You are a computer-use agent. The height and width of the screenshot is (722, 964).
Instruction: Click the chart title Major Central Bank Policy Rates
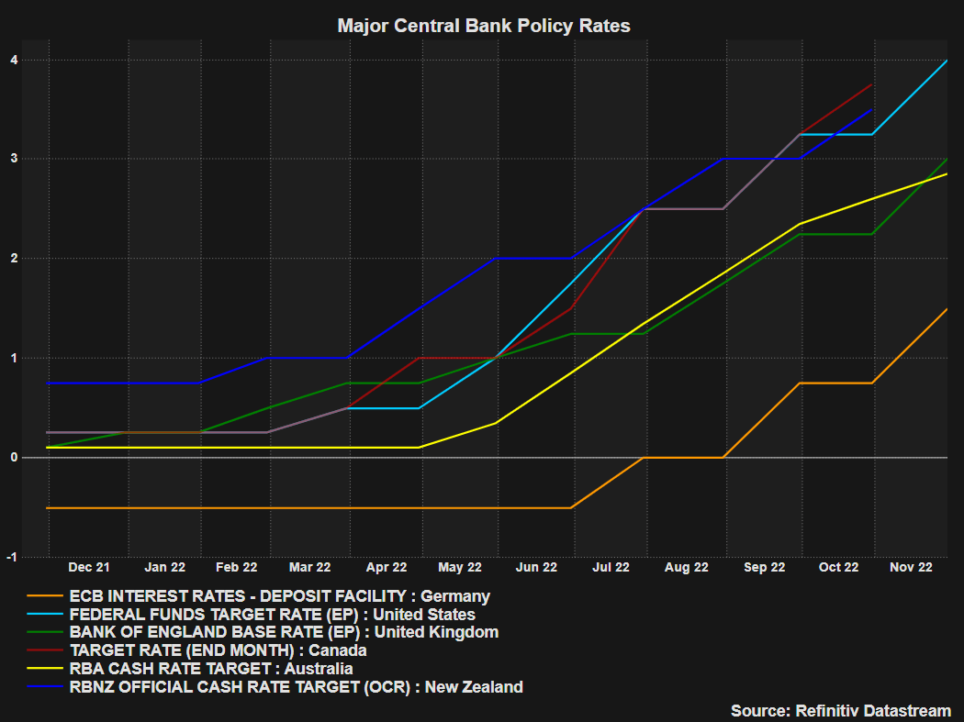[484, 26]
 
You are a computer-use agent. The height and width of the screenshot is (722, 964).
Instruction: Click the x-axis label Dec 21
[89, 568]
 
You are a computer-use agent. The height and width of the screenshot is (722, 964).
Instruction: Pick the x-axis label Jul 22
[611, 568]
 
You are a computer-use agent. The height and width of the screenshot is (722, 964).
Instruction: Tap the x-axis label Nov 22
[911, 568]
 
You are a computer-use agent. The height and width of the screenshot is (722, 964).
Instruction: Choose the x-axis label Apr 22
[386, 568]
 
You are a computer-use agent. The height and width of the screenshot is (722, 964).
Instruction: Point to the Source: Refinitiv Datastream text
[840, 711]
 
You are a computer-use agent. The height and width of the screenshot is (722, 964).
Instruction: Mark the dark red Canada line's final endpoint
[871, 84]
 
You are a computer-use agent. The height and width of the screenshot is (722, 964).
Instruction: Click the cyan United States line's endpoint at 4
[947, 61]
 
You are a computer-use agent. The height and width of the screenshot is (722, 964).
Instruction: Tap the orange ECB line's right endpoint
[947, 309]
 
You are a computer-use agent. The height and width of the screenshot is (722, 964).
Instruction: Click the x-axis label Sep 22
[764, 568]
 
